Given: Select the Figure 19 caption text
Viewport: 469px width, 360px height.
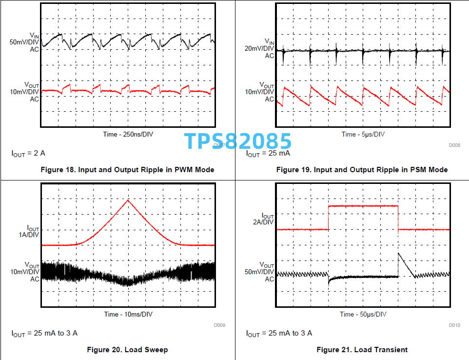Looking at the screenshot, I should coord(362,170).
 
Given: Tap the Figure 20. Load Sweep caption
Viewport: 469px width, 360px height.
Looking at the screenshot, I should coord(127,350).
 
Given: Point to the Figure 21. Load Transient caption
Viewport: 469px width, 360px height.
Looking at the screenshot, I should coord(362,350).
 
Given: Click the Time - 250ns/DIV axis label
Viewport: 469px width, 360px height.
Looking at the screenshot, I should coord(128,134).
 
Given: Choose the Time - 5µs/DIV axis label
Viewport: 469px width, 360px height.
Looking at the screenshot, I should coord(363,134).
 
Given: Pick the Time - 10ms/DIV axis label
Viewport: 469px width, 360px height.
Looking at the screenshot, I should coord(128,314).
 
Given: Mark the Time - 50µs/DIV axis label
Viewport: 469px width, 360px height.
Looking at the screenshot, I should coord(363,314).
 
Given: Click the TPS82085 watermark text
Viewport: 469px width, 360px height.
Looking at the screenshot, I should coord(237,141).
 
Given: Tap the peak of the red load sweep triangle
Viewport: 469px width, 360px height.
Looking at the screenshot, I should coord(128,200).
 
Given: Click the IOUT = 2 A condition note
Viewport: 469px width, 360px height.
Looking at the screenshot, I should coord(28,153).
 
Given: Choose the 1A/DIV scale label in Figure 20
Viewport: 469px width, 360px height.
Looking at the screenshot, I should coord(28,235).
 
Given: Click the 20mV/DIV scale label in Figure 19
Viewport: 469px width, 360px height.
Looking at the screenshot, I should coord(259,48).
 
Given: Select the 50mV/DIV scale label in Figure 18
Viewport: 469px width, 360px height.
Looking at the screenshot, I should coord(24,42).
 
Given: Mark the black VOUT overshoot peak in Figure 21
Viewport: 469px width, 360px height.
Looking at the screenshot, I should coord(399,253).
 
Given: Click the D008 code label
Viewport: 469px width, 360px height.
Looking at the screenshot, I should coord(454,145).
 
